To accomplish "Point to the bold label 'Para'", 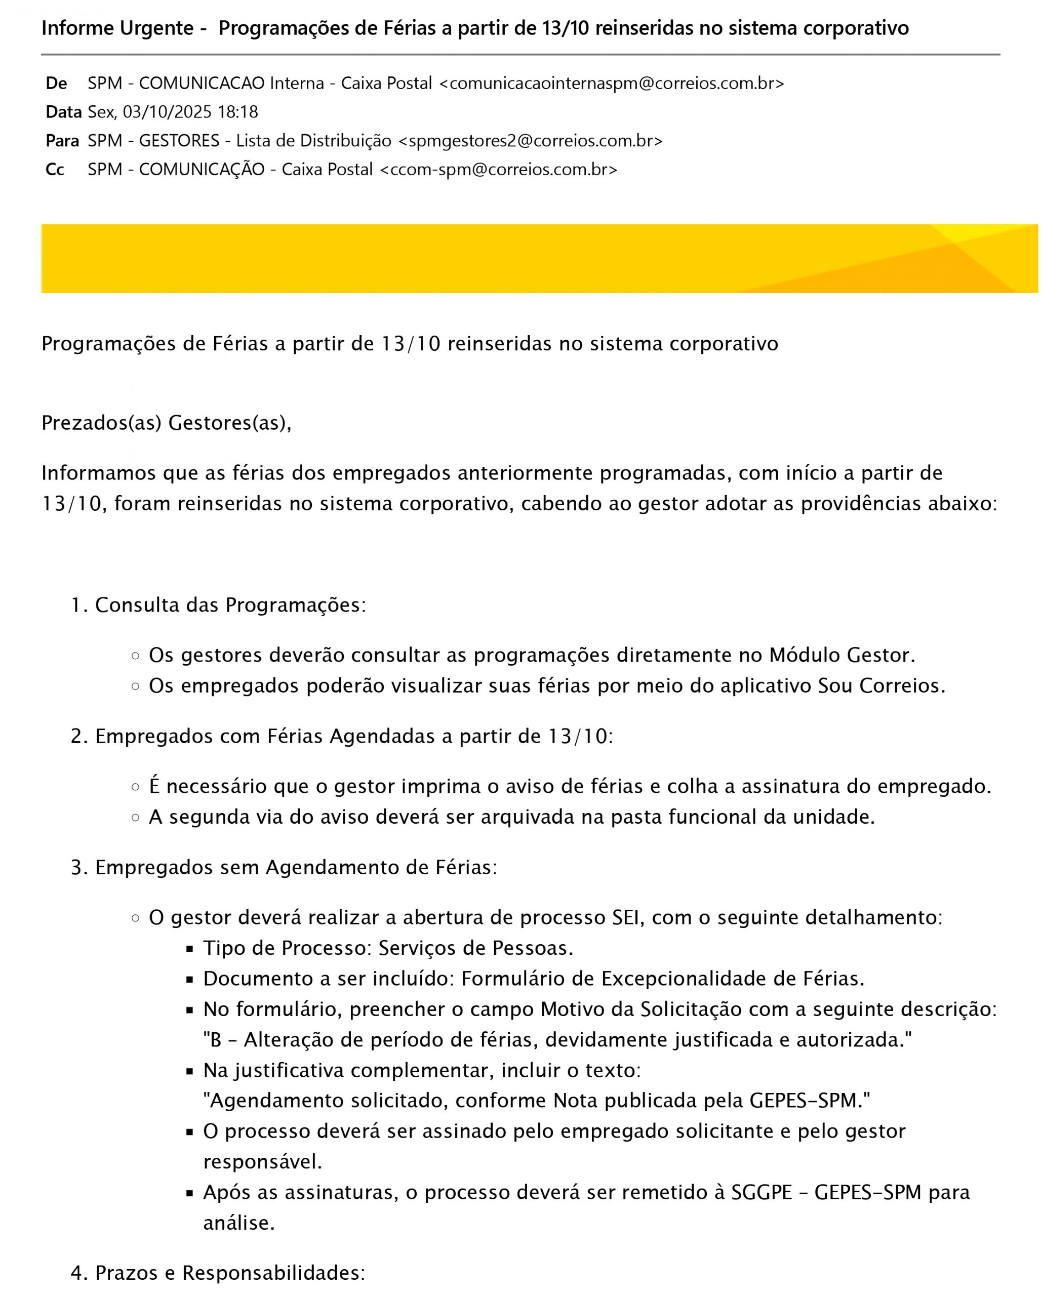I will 62,141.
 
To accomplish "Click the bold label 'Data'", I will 63,112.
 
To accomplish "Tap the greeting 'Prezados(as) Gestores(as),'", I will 167,423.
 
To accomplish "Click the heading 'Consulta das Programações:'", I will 230,605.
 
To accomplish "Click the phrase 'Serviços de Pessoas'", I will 475,948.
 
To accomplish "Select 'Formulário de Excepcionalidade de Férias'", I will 662,979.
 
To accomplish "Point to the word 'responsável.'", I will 263,1162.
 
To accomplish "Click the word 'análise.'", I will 238,1223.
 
